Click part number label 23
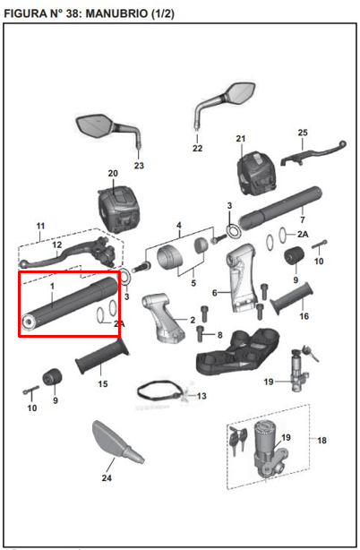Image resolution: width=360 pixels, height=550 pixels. point(139,165)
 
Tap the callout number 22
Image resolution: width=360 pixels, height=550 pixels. point(197,149)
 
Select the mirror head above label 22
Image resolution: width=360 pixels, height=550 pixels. point(241,92)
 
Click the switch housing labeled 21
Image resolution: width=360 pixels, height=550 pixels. point(257,173)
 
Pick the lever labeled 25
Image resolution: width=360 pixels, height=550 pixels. point(313,153)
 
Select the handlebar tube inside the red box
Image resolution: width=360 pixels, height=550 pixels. point(70,304)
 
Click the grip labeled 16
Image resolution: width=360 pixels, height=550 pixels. point(292,298)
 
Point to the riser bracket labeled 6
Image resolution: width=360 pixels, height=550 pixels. point(241,277)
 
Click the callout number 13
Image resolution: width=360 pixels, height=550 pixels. point(201,396)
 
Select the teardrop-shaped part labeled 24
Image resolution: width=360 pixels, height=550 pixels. point(117,443)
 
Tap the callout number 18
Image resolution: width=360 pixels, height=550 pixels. point(321,440)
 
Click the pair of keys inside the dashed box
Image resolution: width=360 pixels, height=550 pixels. point(237,440)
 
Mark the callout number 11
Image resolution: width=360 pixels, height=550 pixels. point(40,226)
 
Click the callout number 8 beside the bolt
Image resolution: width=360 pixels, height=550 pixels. point(219,335)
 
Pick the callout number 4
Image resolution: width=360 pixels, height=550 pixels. point(179,225)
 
